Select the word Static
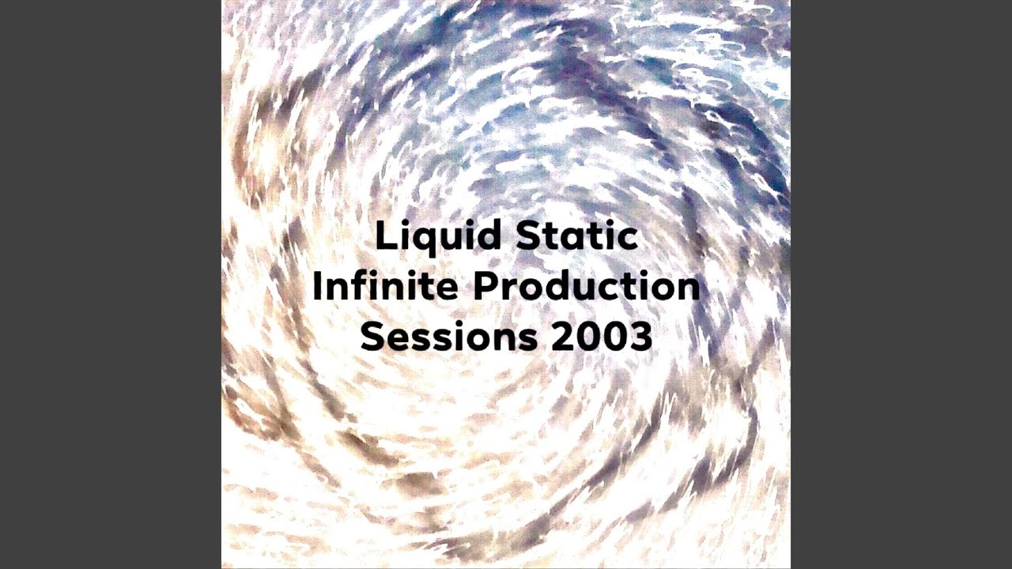click(577, 235)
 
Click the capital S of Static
click(527, 236)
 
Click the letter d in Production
click(556, 286)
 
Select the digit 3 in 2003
click(641, 337)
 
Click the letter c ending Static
click(627, 239)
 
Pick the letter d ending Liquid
click(489, 236)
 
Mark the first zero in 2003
click(588, 337)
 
